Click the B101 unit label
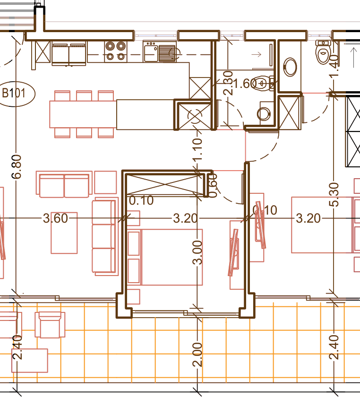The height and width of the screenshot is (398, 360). [14, 94]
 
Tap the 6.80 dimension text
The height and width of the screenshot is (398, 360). [17, 167]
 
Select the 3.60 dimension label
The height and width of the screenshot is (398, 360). [55, 218]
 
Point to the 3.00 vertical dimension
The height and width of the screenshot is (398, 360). [197, 253]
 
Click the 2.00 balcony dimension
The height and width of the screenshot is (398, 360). [197, 355]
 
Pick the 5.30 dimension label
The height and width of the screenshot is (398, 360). [334, 194]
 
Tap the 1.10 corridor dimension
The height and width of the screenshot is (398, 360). [197, 149]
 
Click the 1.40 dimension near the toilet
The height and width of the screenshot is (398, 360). [334, 66]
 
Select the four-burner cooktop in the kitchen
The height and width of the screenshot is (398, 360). [116, 52]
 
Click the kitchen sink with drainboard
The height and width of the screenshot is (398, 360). [160, 52]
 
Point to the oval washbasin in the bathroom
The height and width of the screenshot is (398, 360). [290, 67]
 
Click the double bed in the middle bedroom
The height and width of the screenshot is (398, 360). [165, 257]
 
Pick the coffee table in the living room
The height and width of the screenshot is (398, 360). [64, 233]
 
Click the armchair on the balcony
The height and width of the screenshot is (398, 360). [50, 325]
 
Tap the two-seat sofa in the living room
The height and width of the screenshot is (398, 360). [64, 184]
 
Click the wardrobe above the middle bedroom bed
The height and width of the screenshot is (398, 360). [165, 184]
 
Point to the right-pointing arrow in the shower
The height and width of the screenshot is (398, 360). [256, 54]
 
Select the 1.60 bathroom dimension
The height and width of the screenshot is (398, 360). [244, 84]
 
